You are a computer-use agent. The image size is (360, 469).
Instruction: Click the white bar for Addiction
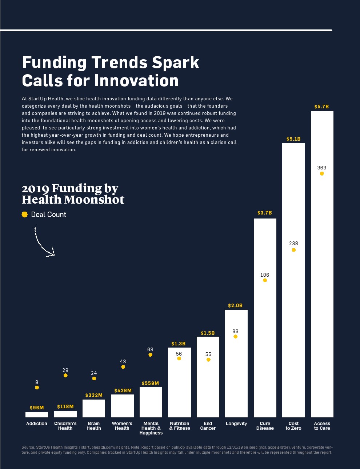pos(37,415)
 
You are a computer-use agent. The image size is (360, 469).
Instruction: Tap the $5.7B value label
pos(321,107)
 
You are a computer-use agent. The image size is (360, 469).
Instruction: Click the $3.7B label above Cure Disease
pos(265,213)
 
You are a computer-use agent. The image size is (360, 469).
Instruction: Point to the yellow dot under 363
pos(322,174)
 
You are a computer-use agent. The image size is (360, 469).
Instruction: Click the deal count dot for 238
pos(294,250)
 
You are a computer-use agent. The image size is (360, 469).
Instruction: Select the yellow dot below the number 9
pos(37,388)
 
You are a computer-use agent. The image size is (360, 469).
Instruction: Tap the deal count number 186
pos(265,275)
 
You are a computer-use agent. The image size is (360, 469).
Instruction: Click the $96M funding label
pos(37,408)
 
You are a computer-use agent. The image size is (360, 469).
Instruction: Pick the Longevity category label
pos(236,424)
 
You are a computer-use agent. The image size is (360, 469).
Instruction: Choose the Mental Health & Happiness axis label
pos(151,428)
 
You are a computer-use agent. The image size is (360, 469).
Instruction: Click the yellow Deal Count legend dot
pos(25,215)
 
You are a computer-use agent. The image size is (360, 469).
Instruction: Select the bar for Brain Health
pos(94,408)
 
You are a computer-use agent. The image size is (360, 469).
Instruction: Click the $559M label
pos(150,383)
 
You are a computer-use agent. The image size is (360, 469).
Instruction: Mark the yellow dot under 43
pos(123,367)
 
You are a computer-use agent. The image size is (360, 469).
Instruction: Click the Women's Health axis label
pos(122,426)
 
